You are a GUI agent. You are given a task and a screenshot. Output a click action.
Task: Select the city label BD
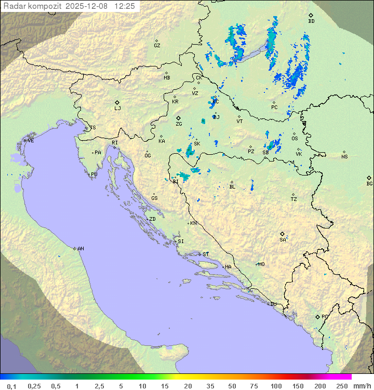click(x=311, y=21)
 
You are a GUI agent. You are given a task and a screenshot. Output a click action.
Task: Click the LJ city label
click(x=117, y=109)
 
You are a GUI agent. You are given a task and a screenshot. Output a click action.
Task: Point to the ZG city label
click(x=179, y=124)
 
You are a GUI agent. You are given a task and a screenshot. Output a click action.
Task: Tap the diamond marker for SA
click(x=283, y=234)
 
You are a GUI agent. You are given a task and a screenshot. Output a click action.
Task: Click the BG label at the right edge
click(x=369, y=183)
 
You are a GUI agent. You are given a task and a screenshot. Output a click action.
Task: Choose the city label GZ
click(x=157, y=46)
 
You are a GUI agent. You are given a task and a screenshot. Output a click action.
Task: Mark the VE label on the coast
click(x=31, y=141)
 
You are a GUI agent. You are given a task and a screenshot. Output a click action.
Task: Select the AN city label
click(x=81, y=249)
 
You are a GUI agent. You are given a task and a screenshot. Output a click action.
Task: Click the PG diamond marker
click(x=317, y=316)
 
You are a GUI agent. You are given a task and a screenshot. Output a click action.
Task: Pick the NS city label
click(x=344, y=157)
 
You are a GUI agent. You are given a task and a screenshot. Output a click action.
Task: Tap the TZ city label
click(x=294, y=199)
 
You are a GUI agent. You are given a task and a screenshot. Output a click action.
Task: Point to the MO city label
click(x=261, y=264)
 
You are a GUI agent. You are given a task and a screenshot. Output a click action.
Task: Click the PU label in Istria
click(x=94, y=174)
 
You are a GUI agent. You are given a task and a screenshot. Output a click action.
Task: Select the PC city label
click(x=274, y=107)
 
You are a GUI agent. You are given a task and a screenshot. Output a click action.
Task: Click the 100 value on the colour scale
click(x=276, y=386)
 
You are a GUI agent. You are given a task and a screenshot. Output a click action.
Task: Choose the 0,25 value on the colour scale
click(x=34, y=386)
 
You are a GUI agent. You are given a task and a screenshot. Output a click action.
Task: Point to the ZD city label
click(x=152, y=219)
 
